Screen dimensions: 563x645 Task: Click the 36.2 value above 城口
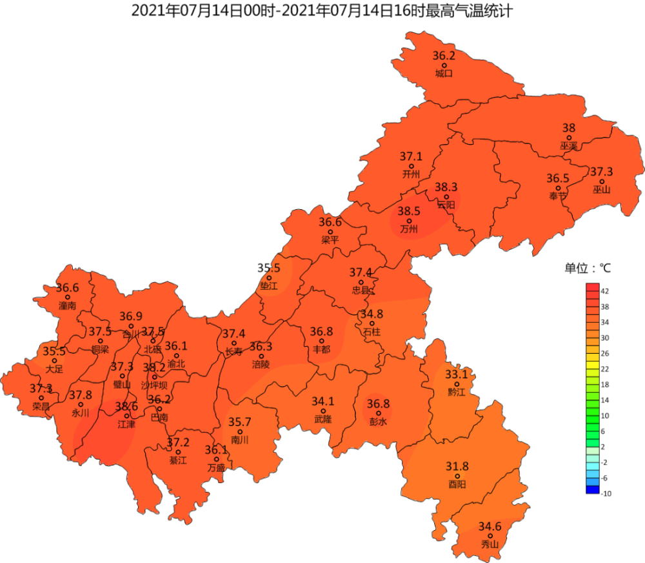[x=444, y=56]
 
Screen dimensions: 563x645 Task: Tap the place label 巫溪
[x=568, y=147]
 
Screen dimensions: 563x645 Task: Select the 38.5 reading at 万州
[x=408, y=211]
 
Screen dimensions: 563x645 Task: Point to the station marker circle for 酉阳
[x=457, y=476]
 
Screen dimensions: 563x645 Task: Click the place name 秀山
[x=490, y=545]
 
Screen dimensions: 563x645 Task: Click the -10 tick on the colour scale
[x=607, y=493]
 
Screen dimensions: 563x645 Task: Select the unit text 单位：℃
[x=588, y=268]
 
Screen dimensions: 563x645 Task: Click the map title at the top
[x=322, y=11]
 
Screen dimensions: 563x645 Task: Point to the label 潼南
[x=67, y=305]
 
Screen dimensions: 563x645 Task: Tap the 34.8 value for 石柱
[x=372, y=314]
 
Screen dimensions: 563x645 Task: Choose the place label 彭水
[x=378, y=422]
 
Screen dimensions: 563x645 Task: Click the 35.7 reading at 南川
[x=240, y=422]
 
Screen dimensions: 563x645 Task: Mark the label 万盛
[x=216, y=467]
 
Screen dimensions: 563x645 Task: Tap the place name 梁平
[x=330, y=240]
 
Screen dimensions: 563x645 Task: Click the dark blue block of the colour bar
[x=593, y=489]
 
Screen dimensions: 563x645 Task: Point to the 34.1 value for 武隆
[x=323, y=402]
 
